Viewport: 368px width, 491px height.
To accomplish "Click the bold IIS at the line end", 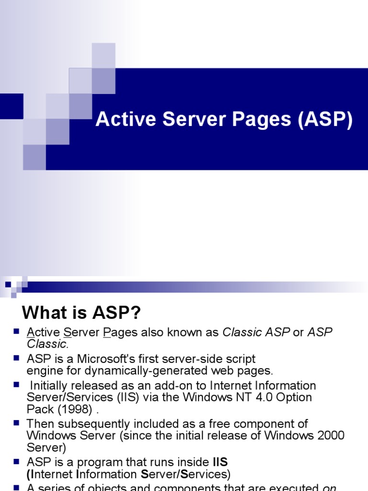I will (x=220, y=462).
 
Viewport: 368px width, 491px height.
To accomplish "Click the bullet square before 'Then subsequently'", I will (x=16, y=423).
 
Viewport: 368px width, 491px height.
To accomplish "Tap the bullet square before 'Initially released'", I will (x=16, y=385).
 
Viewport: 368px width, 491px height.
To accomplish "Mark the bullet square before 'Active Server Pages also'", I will (x=16, y=331).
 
